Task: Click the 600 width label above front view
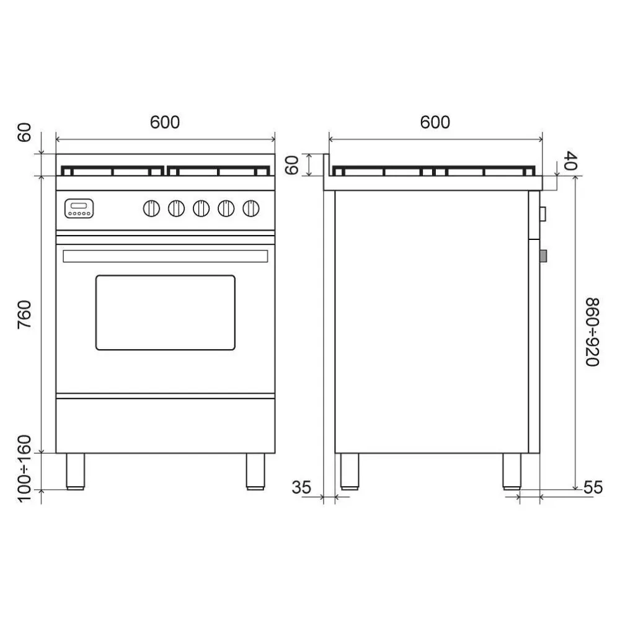tap(165, 122)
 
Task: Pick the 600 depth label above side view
tap(435, 122)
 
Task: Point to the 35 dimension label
tap(301, 488)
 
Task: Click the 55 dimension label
tap(593, 488)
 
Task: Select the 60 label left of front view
tap(24, 132)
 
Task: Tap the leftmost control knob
tap(151, 208)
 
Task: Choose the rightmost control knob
tap(250, 208)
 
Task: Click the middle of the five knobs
tap(201, 208)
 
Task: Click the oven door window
tap(165, 312)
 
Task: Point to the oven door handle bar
tap(165, 255)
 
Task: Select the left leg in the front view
tap(76, 471)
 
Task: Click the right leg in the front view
tap(255, 471)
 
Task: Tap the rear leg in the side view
tap(349, 471)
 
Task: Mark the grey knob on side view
tap(544, 255)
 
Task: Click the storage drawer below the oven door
tap(165, 425)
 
